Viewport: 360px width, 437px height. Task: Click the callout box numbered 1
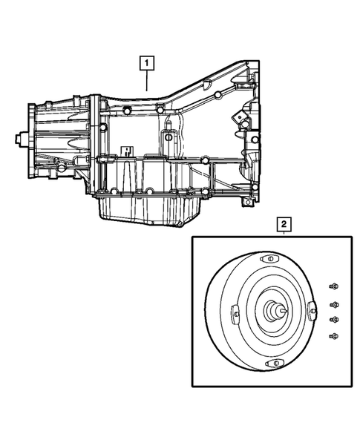(x=149, y=63)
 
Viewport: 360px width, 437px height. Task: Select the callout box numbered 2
(x=284, y=222)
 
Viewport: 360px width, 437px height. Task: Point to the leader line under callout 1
(x=149, y=80)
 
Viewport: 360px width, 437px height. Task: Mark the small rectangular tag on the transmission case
(x=126, y=151)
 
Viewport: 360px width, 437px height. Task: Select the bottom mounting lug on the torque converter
(x=274, y=363)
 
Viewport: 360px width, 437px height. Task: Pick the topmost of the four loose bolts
(x=333, y=286)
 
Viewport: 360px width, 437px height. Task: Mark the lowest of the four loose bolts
(x=333, y=337)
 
